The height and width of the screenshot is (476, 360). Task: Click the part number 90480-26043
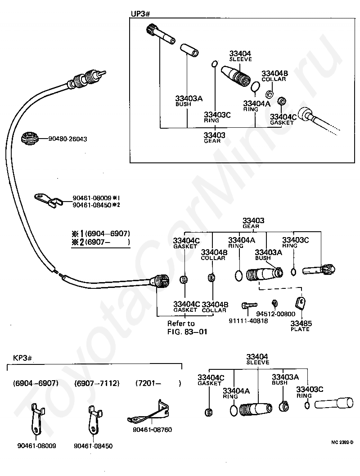[x=67, y=139]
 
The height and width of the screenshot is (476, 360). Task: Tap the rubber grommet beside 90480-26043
[x=30, y=139]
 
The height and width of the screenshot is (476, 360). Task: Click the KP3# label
[x=22, y=358]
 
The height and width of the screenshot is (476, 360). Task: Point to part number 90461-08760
[x=153, y=430]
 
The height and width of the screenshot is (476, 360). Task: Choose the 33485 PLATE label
[x=301, y=326]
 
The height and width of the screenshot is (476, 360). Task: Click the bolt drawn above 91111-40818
[x=249, y=305]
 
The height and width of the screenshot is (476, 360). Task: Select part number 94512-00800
[x=275, y=314]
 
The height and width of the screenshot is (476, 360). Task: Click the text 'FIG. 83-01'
[x=187, y=332]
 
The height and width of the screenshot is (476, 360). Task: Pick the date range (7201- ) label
[x=158, y=383]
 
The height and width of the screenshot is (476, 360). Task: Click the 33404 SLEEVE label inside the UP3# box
[x=240, y=56]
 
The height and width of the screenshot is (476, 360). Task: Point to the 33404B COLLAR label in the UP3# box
[x=274, y=76]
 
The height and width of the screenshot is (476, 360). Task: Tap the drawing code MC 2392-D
[x=342, y=442]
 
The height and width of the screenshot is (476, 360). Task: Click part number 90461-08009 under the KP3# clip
[x=36, y=446]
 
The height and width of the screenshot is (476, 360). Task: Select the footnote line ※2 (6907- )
[x=100, y=242]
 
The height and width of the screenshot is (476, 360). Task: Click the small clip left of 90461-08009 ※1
[x=49, y=200]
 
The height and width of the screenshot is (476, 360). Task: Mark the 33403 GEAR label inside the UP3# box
[x=214, y=138]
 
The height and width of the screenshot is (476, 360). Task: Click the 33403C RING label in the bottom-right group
[x=310, y=392]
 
